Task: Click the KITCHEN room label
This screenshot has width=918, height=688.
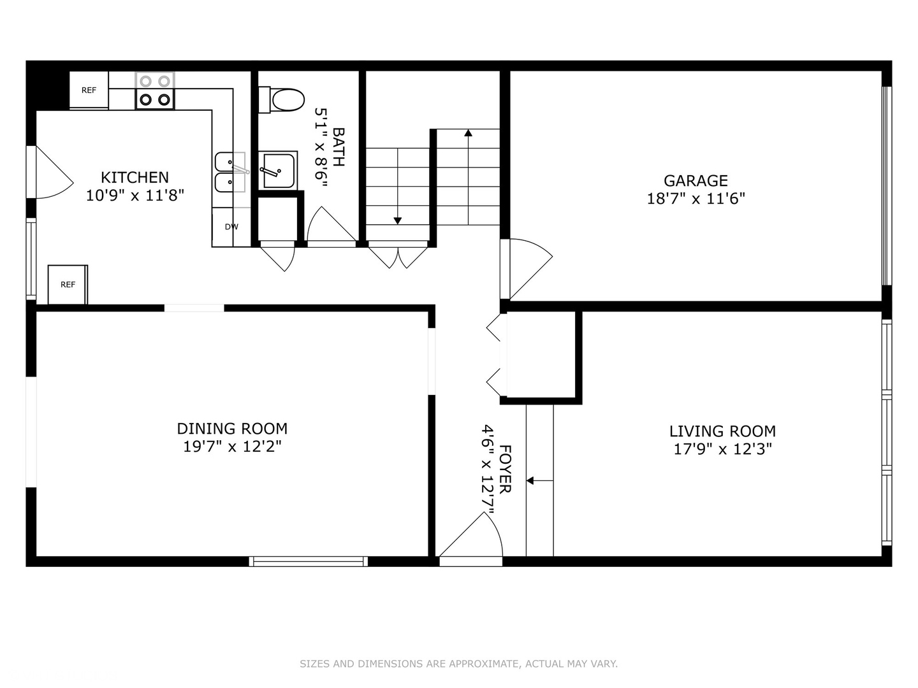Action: pos(135,178)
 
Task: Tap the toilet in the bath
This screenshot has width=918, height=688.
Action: pos(281,100)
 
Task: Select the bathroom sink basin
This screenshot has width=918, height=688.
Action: pos(279,171)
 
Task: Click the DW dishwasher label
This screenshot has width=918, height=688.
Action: pos(231,227)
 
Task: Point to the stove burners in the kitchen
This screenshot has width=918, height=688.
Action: pos(155,90)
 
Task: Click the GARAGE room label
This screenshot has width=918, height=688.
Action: pos(696,180)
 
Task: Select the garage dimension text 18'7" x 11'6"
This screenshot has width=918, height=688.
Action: pos(696,198)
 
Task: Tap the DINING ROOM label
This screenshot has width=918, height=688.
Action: pos(232,429)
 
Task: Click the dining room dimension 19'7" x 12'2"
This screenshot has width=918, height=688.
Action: pos(232,447)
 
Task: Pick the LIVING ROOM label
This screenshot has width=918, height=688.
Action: pos(722,431)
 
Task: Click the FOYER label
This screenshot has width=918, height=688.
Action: pos(505,469)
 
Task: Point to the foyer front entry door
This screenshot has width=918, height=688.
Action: pos(470,539)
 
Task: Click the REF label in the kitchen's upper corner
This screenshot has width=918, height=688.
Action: pos(89,90)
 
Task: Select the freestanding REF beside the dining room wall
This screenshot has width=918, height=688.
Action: pos(68,285)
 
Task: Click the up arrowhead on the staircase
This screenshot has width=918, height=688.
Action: pos(468,133)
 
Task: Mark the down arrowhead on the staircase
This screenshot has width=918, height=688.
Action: pos(397,221)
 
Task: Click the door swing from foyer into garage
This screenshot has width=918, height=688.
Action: pos(527,268)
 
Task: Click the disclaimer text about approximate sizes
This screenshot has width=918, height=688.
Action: pos(458,664)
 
